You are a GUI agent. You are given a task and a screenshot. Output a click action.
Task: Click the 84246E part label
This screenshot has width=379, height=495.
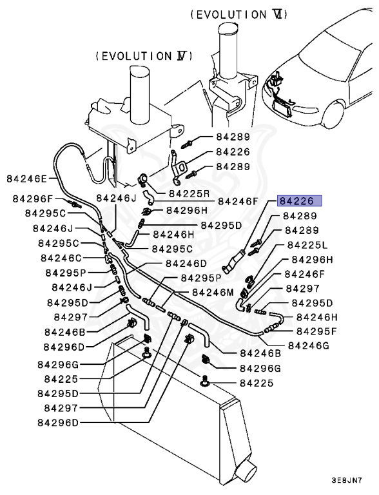click(26, 179)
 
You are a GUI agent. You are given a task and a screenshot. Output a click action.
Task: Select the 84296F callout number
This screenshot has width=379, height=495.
click(33, 199)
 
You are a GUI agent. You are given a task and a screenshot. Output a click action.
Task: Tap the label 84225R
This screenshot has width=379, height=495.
click(189, 193)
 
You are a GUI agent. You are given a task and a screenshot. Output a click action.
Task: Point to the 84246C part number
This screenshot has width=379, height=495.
click(61, 258)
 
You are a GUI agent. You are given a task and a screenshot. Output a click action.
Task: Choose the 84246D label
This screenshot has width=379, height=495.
click(186, 263)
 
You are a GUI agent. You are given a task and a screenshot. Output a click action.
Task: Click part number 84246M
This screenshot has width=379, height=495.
click(213, 293)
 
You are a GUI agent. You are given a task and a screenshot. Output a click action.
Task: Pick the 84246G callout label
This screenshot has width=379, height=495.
click(309, 345)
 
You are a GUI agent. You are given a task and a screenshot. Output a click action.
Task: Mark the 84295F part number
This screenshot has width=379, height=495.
click(316, 331)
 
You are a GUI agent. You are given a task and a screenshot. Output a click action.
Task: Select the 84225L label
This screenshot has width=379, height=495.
click(307, 245)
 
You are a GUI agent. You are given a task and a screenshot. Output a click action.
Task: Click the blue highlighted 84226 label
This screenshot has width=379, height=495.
click(300, 201)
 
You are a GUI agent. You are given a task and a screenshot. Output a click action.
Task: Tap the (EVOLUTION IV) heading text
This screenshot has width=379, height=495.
click(144, 56)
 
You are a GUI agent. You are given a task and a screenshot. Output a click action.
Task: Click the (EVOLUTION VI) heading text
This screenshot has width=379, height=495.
click(239, 15)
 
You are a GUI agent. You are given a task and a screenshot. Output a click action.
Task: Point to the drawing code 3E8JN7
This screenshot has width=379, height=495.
click(347, 480)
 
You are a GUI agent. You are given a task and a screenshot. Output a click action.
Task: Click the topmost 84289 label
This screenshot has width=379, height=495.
click(233, 137)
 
